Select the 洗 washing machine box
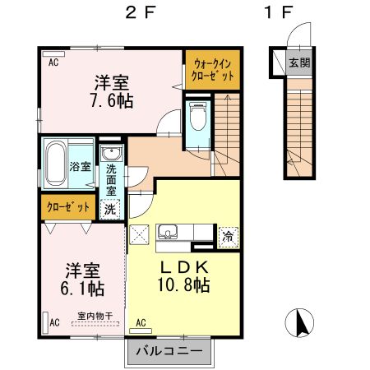point(109,209)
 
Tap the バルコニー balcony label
point(169,351)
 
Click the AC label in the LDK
point(141,322)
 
